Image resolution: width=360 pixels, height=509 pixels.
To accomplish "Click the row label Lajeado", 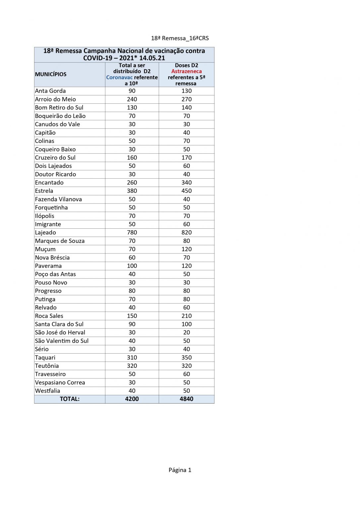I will click(45, 233).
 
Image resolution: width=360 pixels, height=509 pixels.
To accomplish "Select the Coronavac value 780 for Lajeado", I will click(132, 233).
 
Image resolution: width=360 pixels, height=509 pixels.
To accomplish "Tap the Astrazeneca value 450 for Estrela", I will click(186, 191).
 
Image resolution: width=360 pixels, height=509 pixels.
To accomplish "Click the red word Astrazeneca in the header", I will click(186, 71).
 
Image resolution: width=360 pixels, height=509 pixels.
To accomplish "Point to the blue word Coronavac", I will click(119, 77).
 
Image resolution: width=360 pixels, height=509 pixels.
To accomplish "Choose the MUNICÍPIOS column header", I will click(51, 74).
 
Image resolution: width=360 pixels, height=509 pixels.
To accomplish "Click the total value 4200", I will click(132, 399).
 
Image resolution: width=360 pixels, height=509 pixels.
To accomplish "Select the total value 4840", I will click(186, 399).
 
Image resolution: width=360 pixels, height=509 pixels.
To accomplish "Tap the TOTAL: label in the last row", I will click(70, 399).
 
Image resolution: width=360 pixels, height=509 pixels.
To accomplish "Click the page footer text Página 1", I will click(180, 470).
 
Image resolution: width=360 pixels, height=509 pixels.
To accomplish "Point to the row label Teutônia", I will click(47, 366).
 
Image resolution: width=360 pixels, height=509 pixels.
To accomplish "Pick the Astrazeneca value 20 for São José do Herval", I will click(186, 332).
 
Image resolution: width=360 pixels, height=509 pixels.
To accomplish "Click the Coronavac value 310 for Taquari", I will click(132, 358).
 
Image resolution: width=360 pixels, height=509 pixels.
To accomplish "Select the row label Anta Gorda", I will click(50, 91).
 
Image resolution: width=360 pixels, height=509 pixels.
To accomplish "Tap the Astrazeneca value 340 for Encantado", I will click(186, 183).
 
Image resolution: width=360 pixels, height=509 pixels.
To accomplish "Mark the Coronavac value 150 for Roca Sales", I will click(132, 316).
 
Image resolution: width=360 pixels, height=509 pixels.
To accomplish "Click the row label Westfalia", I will click(47, 391).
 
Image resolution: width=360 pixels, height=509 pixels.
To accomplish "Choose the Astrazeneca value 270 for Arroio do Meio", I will click(186, 99).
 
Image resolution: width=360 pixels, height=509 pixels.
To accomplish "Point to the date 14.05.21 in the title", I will click(152, 58).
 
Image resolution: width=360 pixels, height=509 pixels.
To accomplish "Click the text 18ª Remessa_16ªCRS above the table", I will click(180, 38).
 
